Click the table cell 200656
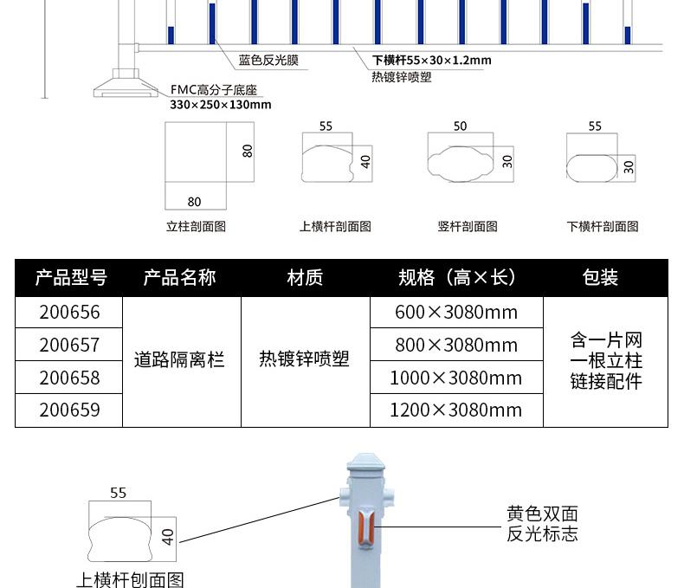69,313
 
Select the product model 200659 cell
69,410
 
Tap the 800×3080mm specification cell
456,345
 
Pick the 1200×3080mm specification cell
456,410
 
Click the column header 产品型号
71,277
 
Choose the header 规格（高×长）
457,277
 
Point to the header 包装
600,277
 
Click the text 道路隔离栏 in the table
179,360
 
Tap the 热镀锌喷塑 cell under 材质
304,359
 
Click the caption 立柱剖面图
196,226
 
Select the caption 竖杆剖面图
468,226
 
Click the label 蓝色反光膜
268,61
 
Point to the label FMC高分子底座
214,90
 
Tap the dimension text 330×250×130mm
220,105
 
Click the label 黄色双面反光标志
542,524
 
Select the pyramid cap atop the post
366,462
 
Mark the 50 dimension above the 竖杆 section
460,126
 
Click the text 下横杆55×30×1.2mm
431,61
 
